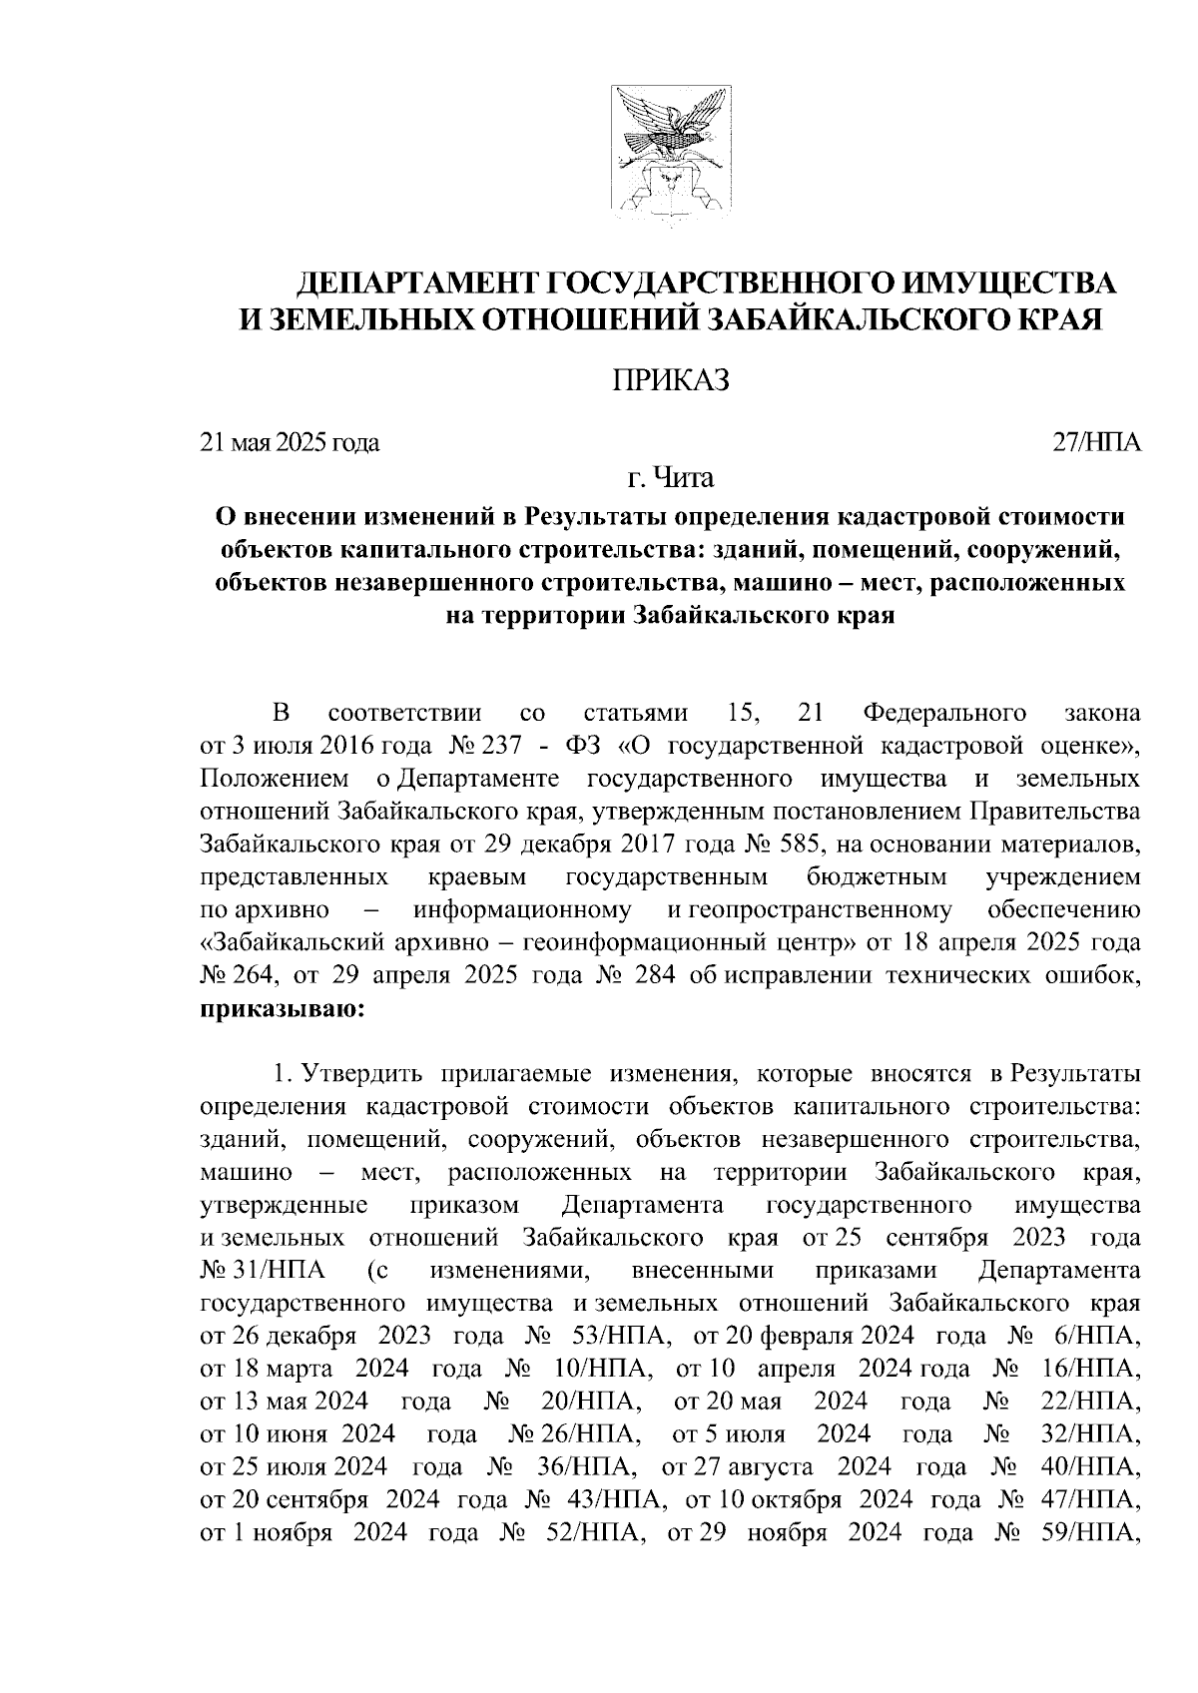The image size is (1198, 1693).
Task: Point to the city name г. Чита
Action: (671, 479)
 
